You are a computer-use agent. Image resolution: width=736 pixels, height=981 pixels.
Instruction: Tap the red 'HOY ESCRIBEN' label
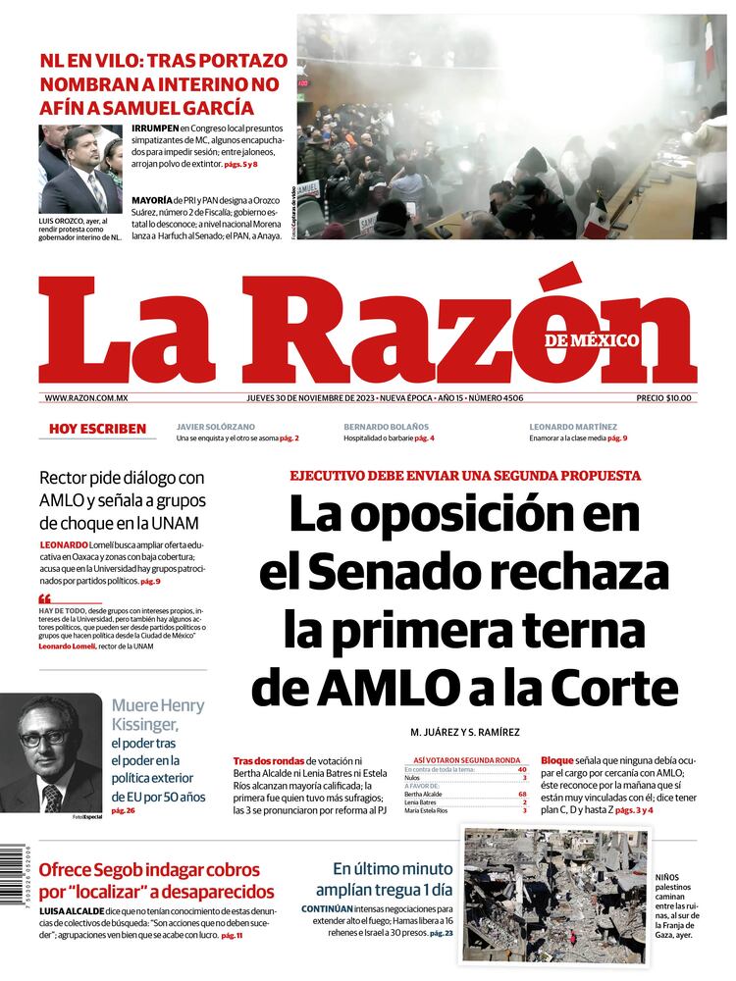[97, 429]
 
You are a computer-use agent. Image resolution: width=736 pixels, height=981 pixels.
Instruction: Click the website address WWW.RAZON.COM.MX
[87, 397]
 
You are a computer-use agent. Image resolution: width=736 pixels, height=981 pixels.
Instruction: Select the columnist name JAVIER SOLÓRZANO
[215, 427]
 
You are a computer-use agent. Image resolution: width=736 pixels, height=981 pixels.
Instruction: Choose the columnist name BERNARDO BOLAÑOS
[386, 427]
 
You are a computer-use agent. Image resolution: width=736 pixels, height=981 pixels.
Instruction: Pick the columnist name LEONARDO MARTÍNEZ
[573, 427]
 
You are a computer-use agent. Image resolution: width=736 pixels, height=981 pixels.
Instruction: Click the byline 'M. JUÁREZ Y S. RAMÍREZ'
[464, 732]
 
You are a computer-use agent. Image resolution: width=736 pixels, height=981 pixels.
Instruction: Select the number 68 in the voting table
[523, 794]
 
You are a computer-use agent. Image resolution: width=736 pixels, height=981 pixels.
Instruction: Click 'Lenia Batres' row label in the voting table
[421, 802]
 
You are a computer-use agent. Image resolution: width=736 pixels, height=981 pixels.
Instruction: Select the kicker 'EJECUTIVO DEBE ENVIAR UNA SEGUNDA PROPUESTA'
[464, 476]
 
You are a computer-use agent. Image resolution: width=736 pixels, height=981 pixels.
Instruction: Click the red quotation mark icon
[44, 598]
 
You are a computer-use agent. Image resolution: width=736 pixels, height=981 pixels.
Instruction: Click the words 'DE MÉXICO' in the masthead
[592, 340]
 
